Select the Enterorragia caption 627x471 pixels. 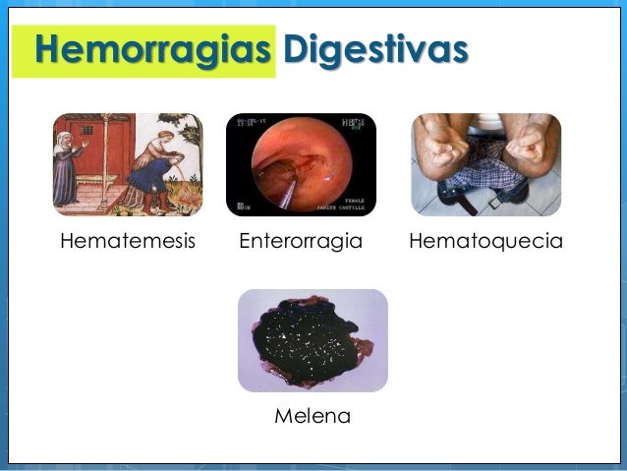pyautogui.click(x=302, y=241)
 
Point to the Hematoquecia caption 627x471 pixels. pyautogui.click(x=486, y=241)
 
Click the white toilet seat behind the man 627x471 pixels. pyautogui.click(x=485, y=122)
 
